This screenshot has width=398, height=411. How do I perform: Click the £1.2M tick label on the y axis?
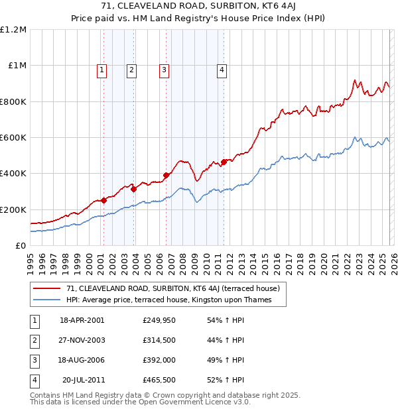(x=13, y=30)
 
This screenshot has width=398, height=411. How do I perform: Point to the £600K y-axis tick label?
(x=13, y=138)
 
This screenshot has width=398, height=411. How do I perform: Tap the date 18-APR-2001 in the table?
(x=82, y=320)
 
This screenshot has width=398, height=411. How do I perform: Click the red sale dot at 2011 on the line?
(x=224, y=161)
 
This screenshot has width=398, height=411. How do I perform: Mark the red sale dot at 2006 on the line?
(x=166, y=175)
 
